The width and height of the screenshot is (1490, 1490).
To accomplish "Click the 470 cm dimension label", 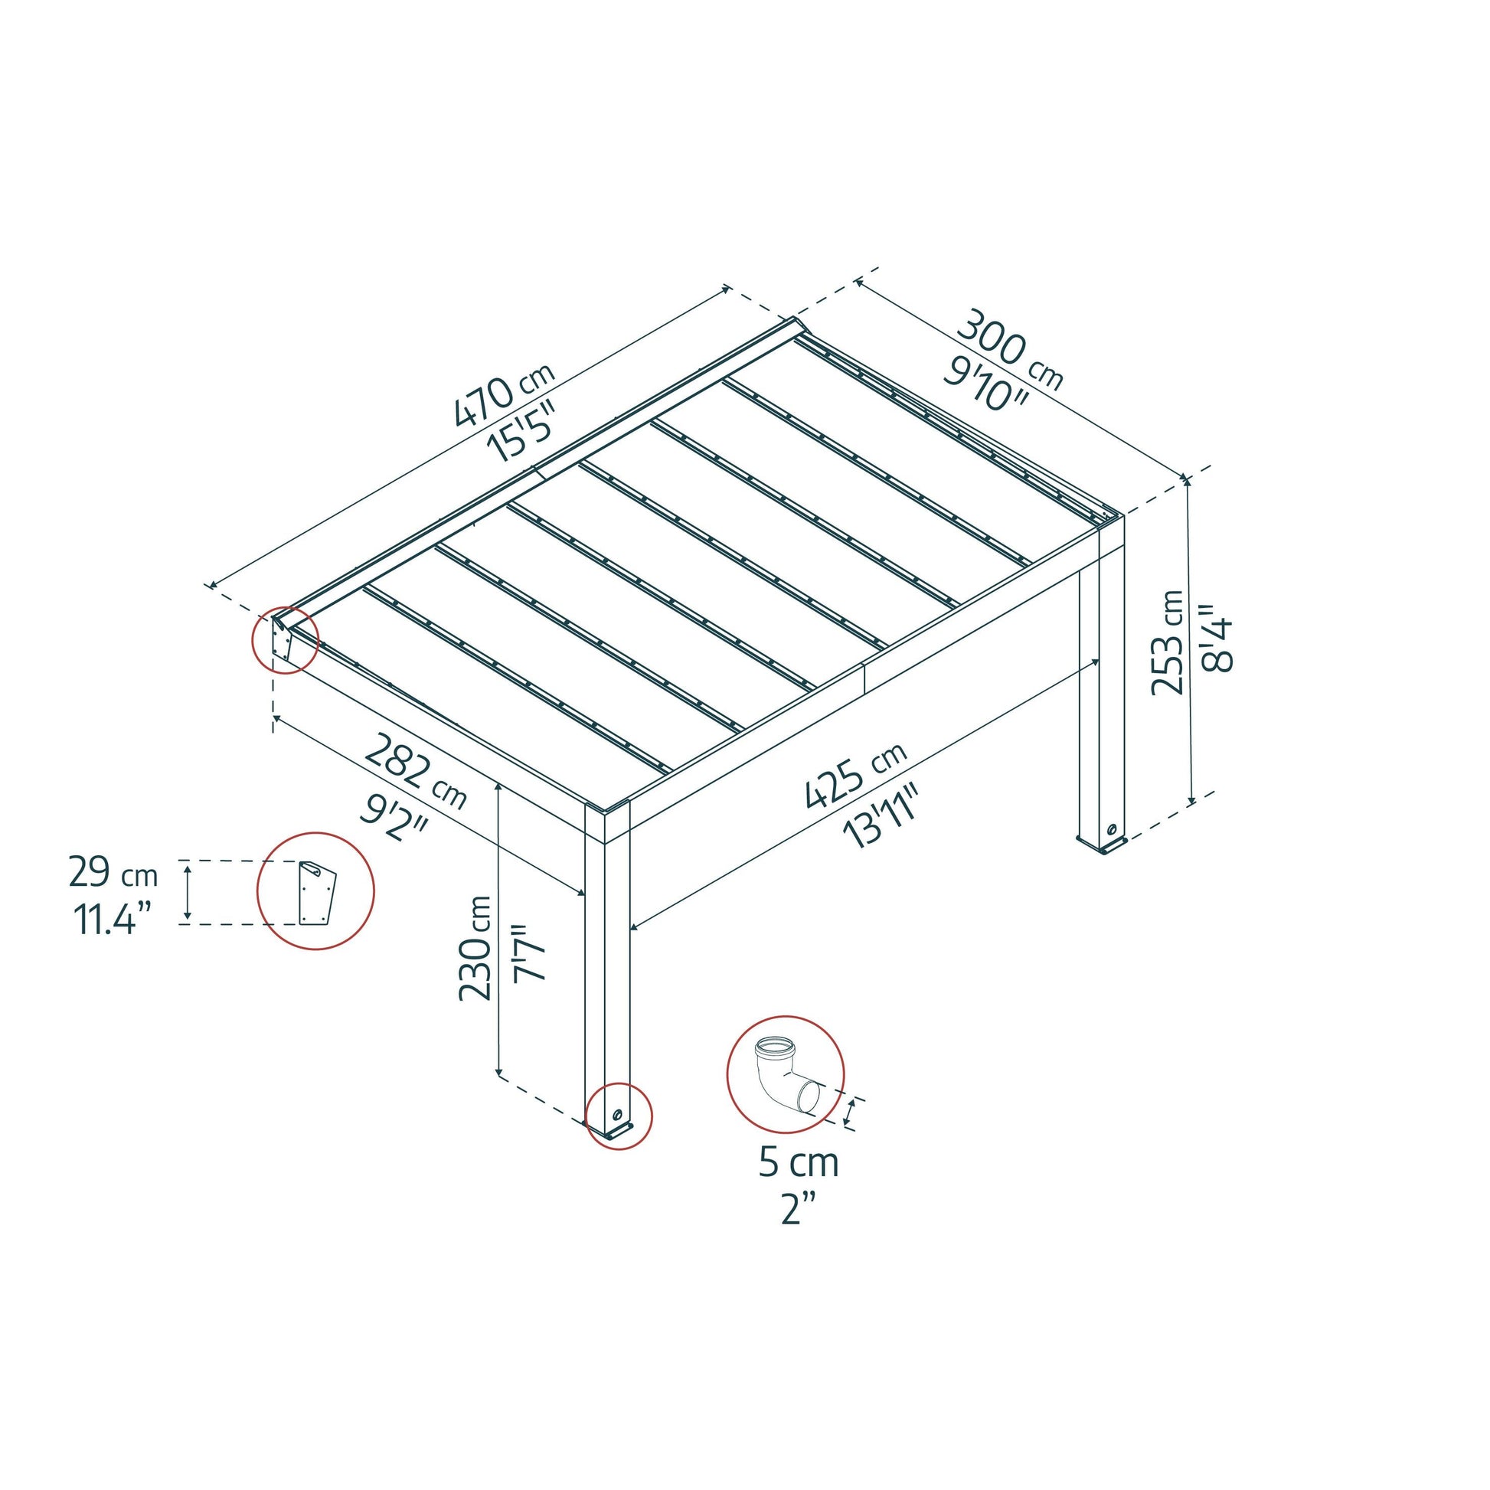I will [x=503, y=401].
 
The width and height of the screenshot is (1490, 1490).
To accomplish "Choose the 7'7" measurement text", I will [x=529, y=952].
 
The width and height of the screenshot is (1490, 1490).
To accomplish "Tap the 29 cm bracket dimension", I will [x=113, y=874].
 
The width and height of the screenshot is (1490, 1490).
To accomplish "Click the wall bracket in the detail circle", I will [x=316, y=892].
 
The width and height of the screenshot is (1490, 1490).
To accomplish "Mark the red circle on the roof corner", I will [x=286, y=640].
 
